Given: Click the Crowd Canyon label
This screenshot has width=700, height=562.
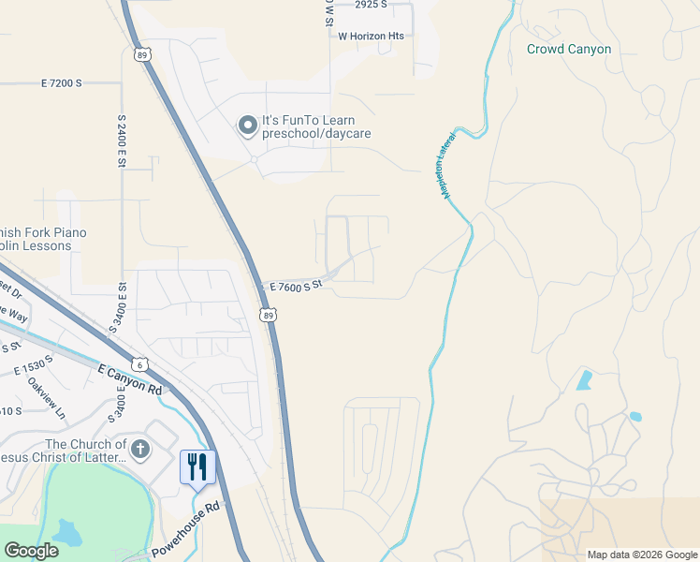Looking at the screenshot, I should (568, 49).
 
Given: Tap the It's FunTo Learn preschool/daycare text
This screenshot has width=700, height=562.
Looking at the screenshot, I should (316, 127).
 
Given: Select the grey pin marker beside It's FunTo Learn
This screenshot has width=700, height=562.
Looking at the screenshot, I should (247, 126).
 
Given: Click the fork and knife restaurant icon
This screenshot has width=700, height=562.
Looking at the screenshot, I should (197, 466).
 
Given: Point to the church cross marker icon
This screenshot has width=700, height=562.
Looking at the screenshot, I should (140, 449).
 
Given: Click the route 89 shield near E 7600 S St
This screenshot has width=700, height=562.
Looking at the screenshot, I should (270, 316).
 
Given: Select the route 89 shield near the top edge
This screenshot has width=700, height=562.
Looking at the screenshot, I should (141, 55).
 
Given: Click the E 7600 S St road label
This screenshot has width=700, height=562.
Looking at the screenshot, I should (296, 286).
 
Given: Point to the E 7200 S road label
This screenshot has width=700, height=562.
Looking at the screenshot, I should (62, 83).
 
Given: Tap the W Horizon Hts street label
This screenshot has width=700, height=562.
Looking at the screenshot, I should (371, 36).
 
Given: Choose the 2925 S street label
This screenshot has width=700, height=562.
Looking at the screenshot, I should (371, 5).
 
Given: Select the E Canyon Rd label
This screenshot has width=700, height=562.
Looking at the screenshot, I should (130, 379).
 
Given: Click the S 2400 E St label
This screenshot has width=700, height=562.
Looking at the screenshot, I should (122, 142).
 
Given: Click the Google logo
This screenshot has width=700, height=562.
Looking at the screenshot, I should (31, 551).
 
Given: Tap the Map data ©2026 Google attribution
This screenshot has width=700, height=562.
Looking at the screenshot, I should (641, 555).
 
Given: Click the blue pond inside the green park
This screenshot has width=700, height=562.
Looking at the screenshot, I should (67, 532).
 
